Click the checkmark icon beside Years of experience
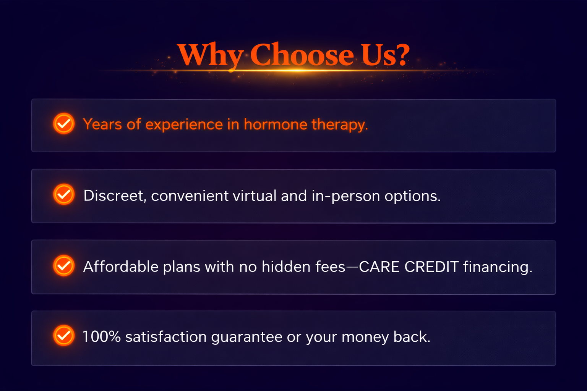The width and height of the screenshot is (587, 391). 64,124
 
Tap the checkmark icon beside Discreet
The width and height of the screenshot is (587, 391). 64,194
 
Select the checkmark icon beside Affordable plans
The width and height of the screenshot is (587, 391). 64,265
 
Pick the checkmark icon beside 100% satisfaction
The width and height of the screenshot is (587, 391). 64,336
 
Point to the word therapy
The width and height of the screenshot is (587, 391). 340,125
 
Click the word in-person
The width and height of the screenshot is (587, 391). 346,196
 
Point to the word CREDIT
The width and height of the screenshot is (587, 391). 431,267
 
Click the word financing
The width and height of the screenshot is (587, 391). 498,268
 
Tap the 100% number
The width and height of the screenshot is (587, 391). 102,336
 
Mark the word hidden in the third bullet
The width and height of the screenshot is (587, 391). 286,267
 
